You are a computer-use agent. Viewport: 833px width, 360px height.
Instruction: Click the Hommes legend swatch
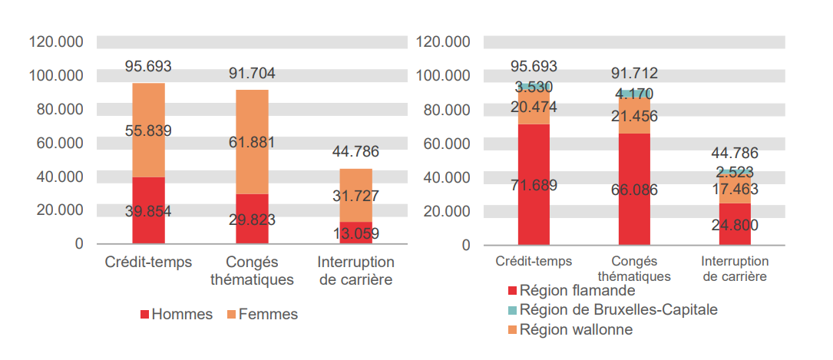pyautogui.click(x=145, y=315)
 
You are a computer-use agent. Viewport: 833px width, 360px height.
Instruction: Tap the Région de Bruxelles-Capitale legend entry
pyautogui.click(x=619, y=310)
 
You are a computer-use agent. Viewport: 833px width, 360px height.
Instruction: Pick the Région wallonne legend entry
pyautogui.click(x=576, y=329)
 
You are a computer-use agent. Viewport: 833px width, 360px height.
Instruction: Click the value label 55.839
pyautogui.click(x=148, y=130)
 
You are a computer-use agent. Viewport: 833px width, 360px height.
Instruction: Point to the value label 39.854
pyautogui.click(x=148, y=211)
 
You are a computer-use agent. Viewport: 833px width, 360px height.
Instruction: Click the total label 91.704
pyautogui.click(x=252, y=74)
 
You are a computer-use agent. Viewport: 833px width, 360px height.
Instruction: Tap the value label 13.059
pyautogui.click(x=355, y=233)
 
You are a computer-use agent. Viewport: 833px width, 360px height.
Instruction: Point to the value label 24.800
pyautogui.click(x=735, y=225)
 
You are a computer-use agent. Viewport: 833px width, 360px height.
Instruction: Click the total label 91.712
pyautogui.click(x=634, y=74)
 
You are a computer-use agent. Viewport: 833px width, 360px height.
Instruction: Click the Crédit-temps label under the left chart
pyautogui.click(x=148, y=263)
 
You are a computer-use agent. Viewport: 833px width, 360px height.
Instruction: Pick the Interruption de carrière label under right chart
pyautogui.click(x=735, y=269)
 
